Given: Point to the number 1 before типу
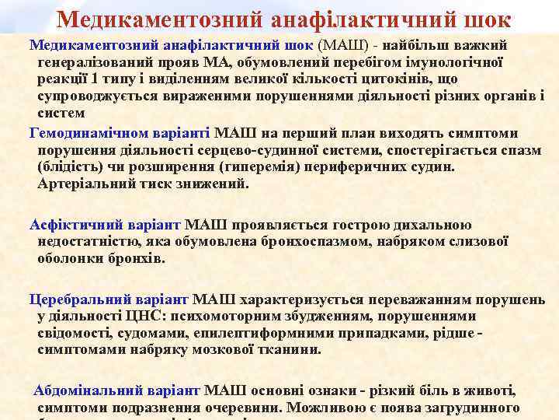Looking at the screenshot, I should [x=94, y=79].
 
